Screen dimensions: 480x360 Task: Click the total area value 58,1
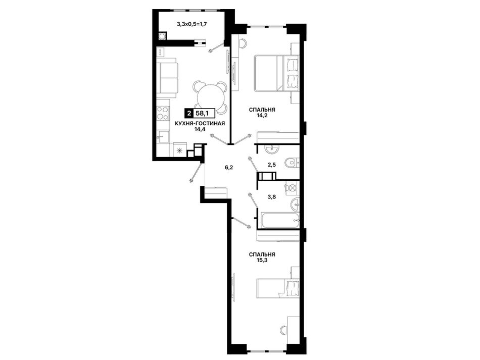(202, 114)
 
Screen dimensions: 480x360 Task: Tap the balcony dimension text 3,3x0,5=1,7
(192, 24)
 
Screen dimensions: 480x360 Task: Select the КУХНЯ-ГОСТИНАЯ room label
(200, 123)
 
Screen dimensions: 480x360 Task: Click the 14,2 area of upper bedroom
(262, 116)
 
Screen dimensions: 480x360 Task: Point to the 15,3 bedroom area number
(262, 260)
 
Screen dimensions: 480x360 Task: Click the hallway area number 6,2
(229, 167)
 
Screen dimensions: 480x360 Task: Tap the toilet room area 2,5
(272, 165)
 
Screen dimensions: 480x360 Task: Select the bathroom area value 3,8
(272, 197)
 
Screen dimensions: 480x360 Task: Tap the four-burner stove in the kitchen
(163, 113)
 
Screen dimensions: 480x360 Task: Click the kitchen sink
(163, 136)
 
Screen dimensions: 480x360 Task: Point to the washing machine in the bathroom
(292, 188)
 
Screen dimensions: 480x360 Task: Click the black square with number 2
(189, 114)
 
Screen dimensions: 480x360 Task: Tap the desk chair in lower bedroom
(284, 331)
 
